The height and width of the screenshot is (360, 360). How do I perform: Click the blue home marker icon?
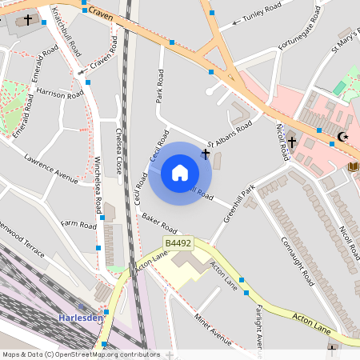click(180, 173)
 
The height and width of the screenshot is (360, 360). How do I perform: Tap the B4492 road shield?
click(178, 242)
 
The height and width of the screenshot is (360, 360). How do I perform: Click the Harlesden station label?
click(81, 318)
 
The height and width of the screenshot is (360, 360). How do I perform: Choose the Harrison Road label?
click(60, 94)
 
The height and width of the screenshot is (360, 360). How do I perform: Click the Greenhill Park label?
click(238, 203)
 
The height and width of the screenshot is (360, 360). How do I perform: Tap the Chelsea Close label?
click(119, 152)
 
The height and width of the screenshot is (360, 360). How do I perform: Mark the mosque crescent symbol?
click(344, 137)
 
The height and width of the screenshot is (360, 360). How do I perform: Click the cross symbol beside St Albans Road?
click(206, 153)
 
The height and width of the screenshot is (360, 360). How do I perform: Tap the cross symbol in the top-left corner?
click(29, 18)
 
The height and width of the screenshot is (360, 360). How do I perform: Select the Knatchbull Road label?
click(66, 31)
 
